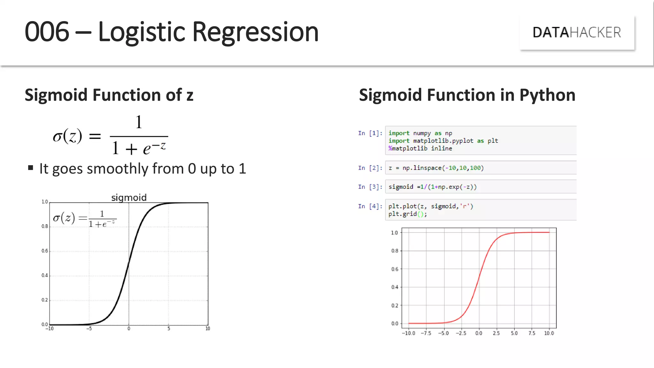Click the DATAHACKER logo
[x=577, y=33]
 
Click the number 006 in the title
[x=47, y=32]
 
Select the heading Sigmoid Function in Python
[x=467, y=95]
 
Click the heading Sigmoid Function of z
[x=109, y=95]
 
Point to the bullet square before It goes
[x=31, y=168]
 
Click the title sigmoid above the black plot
[x=129, y=197]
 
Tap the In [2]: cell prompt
[x=370, y=168]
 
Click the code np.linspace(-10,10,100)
[x=443, y=168]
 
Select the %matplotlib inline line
[x=420, y=149]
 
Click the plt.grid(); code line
[x=407, y=214]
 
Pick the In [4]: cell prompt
[x=370, y=206]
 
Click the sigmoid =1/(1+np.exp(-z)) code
[x=432, y=187]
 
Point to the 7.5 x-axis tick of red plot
[x=532, y=333]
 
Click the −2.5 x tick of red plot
[x=461, y=333]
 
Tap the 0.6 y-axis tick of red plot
[x=395, y=269]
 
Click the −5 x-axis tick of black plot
[x=89, y=329]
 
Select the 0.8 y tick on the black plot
[x=44, y=226]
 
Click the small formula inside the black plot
[x=85, y=218]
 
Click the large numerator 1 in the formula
[x=139, y=122]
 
